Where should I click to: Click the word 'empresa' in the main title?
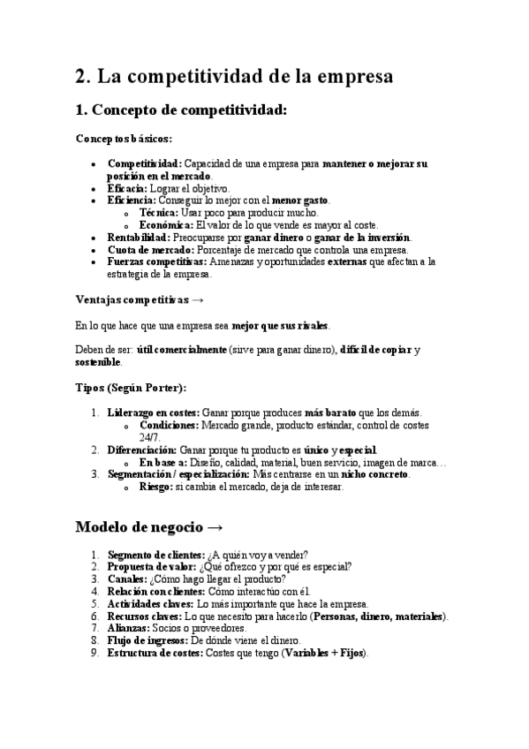pyautogui.click(x=351, y=77)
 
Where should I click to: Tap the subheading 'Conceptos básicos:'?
pyautogui.click(x=124, y=139)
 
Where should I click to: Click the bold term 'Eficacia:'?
pyautogui.click(x=127, y=188)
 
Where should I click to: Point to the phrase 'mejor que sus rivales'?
pyautogui.click(x=280, y=325)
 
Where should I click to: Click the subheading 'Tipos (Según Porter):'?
pyautogui.click(x=130, y=388)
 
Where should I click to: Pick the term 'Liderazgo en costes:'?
pyautogui.click(x=154, y=412)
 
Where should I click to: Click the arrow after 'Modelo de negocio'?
pyautogui.click(x=215, y=527)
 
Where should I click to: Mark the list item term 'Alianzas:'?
pyautogui.click(x=129, y=628)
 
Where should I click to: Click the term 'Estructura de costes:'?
pyautogui.click(x=155, y=654)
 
